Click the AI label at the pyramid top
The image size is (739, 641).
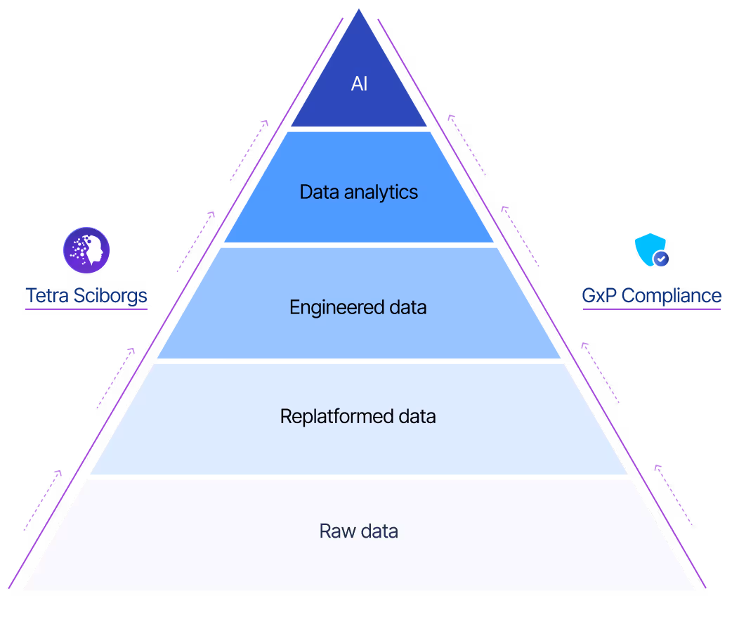[x=359, y=84]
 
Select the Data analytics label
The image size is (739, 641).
[x=359, y=192]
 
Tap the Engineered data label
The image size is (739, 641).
[x=358, y=307]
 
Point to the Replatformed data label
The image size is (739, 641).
[x=358, y=416]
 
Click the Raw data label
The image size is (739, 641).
[x=359, y=531]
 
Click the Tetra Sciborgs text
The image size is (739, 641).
[x=86, y=296]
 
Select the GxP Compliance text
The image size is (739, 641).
[x=652, y=295]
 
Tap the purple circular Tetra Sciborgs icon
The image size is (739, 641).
[x=86, y=250]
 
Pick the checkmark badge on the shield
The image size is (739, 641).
[x=660, y=259]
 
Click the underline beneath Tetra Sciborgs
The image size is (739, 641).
[x=86, y=309]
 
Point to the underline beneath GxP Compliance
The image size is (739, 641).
[x=652, y=309]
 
